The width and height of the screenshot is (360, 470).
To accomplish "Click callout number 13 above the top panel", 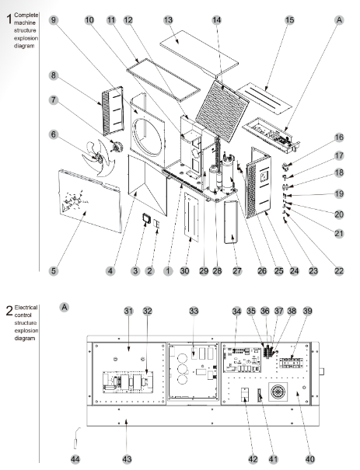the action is click(168, 20).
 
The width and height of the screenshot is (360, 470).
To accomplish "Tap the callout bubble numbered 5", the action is click(54, 271).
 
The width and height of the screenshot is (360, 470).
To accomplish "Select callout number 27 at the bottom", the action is click(237, 271).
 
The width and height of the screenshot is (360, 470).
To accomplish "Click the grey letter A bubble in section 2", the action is click(65, 307).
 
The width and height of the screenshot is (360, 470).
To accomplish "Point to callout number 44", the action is click(75, 459).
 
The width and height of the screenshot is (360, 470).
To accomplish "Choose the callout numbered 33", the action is click(194, 312).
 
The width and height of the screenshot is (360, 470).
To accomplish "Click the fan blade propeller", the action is click(99, 158).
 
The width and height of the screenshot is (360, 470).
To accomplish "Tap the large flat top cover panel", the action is click(199, 52).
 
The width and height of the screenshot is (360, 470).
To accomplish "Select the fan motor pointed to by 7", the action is click(117, 147).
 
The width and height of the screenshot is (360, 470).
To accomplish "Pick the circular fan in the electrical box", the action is click(278, 392).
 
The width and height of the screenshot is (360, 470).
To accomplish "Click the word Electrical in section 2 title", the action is click(26, 308).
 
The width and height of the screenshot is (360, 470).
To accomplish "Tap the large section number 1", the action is click(9, 19).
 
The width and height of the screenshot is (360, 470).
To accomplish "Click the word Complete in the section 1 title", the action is click(26, 15).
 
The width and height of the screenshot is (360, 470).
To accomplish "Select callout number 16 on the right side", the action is click(339, 138).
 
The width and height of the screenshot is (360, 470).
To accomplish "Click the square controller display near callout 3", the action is click(147, 218).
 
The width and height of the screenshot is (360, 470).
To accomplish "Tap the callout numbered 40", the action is click(310, 459).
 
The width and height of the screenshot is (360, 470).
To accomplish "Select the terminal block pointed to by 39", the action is click(291, 363).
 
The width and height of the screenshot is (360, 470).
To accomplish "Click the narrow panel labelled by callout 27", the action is click(231, 222).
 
